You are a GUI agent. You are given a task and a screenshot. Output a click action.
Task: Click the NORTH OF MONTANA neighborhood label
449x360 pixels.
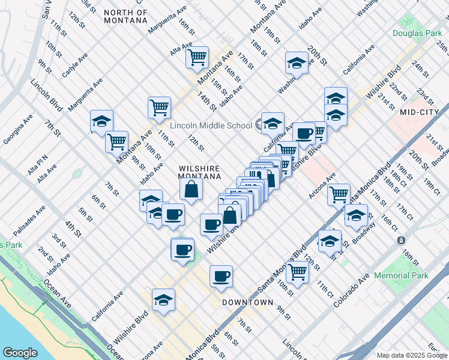[x=125, y=16]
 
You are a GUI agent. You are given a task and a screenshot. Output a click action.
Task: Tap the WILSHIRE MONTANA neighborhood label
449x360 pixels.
[x=200, y=172]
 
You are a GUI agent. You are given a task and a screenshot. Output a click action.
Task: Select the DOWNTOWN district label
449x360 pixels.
[x=248, y=302]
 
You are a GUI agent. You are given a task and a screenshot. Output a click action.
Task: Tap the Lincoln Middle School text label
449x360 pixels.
[x=211, y=125]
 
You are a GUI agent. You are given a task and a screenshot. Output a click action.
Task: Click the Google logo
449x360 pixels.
[x=20, y=353]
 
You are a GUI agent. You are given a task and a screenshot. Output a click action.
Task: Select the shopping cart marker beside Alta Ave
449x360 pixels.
[x=197, y=58]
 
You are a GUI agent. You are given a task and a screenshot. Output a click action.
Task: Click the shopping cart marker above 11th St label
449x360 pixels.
[x=159, y=108]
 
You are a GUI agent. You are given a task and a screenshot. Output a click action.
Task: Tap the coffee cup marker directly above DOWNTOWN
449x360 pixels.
[x=221, y=276]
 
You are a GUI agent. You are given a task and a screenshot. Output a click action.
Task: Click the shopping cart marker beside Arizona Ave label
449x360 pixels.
[x=339, y=194]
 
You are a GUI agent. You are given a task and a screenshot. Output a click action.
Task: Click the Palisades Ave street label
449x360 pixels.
[x=32, y=220]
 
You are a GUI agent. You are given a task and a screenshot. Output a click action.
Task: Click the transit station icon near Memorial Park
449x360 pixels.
[x=400, y=240]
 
